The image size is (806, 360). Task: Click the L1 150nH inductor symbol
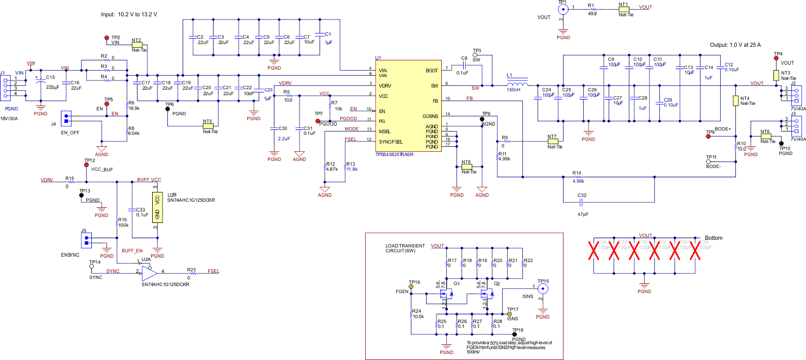coord(517,85)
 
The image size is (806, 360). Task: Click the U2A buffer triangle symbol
coord(148,272)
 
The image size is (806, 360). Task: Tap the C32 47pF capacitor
coord(581,202)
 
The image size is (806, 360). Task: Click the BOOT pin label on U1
coord(432,71)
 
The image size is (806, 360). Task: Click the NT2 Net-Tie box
coord(136,45)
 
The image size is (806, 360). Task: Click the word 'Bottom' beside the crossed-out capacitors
coord(714,238)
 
